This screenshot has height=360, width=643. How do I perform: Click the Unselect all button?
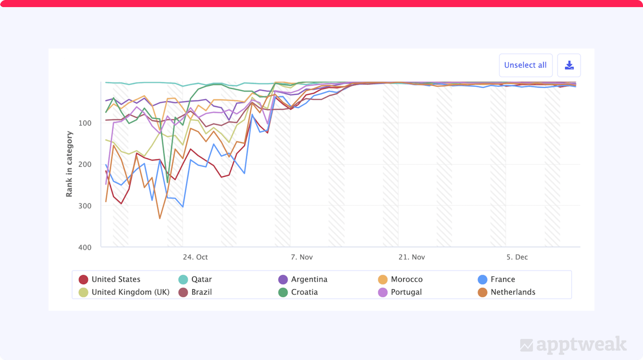pos(525,65)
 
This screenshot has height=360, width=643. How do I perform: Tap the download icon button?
pos(569,65)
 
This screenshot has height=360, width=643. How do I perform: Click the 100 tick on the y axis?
pos(84,123)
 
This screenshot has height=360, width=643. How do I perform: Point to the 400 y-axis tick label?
pos(84,247)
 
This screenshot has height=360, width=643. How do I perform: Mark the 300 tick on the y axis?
pos(84,206)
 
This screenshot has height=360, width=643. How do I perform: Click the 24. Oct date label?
pos(195,257)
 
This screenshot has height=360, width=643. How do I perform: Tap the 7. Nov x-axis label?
pos(302,257)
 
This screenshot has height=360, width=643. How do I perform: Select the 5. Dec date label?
pos(517,257)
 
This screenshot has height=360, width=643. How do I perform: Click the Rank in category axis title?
pos(69,164)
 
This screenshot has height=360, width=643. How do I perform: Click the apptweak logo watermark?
pos(573,345)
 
